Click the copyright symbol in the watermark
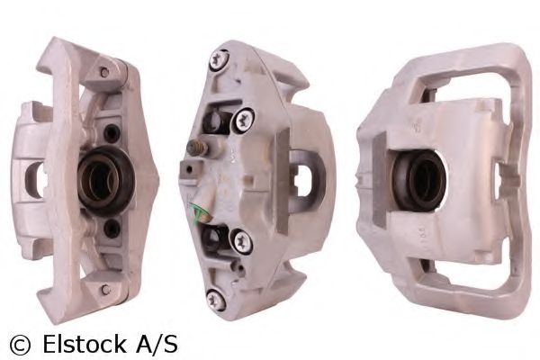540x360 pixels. (20, 345)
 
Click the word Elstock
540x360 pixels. (85, 344)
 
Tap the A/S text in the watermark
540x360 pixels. (157, 344)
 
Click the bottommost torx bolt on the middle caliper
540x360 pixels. (216, 300)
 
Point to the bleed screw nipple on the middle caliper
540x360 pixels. (197, 148)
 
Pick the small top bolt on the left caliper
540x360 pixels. (104, 72)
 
